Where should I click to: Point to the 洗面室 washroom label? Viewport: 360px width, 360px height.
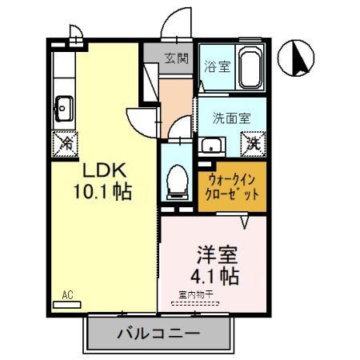[x=231, y=117]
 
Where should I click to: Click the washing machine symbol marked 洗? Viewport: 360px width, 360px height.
[x=254, y=144]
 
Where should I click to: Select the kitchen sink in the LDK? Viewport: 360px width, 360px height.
[x=64, y=105]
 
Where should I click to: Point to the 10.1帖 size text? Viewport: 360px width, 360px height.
[x=100, y=193]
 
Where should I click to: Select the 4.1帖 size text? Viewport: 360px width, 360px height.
[x=218, y=278]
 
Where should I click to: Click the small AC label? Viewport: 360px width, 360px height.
[x=68, y=295]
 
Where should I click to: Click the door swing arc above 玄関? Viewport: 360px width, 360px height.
[x=175, y=26]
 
